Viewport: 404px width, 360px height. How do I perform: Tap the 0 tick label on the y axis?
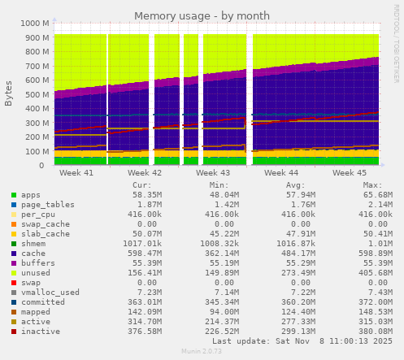coord(46,165)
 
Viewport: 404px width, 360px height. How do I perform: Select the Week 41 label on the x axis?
coord(77,173)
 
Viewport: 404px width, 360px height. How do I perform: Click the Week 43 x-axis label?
coord(214,173)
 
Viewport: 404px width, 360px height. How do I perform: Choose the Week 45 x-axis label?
coord(350,173)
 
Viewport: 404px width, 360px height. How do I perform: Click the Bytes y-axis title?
coord(9,93)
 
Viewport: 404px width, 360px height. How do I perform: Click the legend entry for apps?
coord(31,195)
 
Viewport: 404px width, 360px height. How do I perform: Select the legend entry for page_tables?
coord(43,205)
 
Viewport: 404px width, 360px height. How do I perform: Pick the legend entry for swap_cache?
coord(41,224)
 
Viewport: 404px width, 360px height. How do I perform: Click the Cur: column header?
coord(141,185)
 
